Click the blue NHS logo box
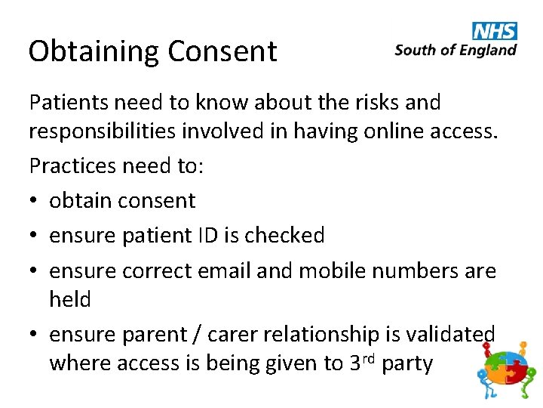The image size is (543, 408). tap(495, 30)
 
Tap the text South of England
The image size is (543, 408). tap(456, 51)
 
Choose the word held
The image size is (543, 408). tap(69, 300)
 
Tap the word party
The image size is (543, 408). tap(407, 364)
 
